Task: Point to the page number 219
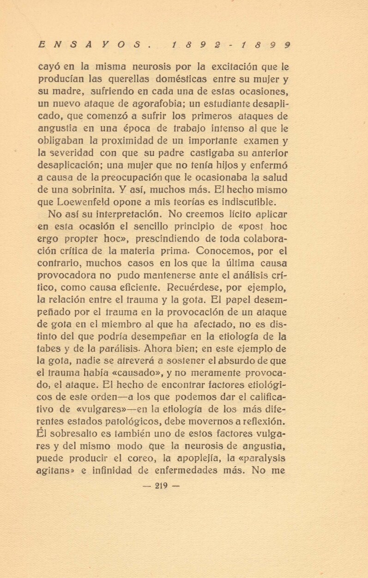point(161,485)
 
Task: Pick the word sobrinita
point(96,189)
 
